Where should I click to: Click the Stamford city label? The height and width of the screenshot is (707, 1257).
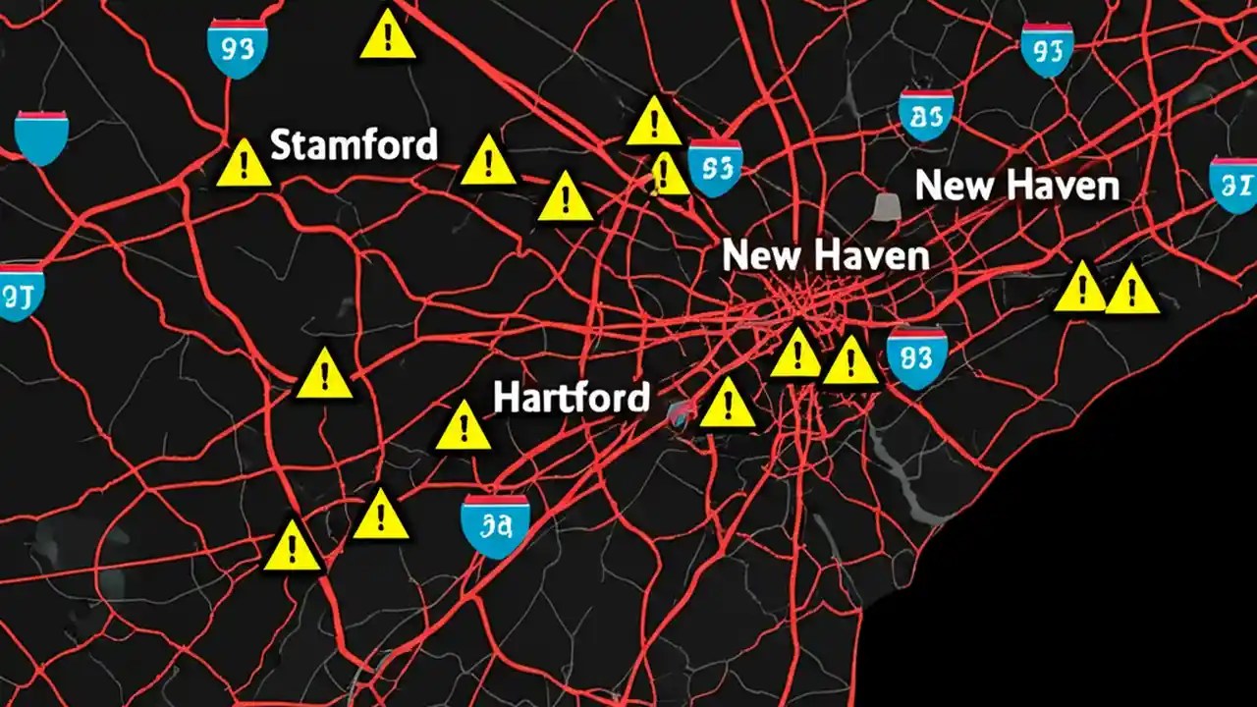point(353,145)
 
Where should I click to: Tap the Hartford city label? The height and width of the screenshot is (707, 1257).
point(571,397)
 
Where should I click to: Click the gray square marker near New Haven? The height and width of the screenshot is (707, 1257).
point(887,205)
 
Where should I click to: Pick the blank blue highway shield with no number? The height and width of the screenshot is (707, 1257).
point(41,136)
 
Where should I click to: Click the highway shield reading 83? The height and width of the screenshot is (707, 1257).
point(916,355)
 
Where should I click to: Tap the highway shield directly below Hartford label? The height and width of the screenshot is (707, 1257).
point(496,525)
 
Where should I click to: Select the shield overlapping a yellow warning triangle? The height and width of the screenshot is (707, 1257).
point(714,167)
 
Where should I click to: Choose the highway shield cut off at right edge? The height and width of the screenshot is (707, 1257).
point(1234,183)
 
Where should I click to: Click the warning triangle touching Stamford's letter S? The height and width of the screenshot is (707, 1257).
point(243,164)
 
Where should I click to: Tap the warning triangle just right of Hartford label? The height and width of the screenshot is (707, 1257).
point(728,403)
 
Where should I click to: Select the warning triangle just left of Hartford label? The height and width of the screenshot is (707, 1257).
point(463,426)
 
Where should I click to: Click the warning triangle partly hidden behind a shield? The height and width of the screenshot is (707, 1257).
point(670,175)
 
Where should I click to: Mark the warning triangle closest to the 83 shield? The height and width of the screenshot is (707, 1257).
point(850,361)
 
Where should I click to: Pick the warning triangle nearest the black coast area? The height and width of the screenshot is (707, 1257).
point(1132,291)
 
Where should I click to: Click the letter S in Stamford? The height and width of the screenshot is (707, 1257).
point(280,145)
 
